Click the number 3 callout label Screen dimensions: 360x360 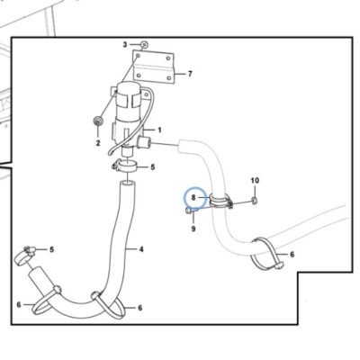point(125,45)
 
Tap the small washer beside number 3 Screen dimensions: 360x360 point(144,45)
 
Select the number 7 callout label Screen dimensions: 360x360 point(190,74)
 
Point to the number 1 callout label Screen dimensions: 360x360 point(159,130)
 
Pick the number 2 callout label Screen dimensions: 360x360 point(98,143)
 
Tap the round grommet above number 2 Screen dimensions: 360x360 point(98,121)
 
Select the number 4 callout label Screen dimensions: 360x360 point(141,249)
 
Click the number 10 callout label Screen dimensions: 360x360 point(255,181)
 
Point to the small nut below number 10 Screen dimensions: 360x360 point(255,201)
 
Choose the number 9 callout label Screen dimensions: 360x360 point(193,229)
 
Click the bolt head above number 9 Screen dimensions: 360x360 point(189,211)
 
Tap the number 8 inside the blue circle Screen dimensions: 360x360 point(193,197)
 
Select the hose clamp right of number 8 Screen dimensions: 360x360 point(221,201)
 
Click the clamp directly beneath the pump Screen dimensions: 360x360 point(125,166)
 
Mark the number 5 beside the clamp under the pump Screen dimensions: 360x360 point(153,166)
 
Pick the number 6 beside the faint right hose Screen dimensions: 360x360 point(292,255)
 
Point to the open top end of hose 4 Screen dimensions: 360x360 point(128,184)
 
